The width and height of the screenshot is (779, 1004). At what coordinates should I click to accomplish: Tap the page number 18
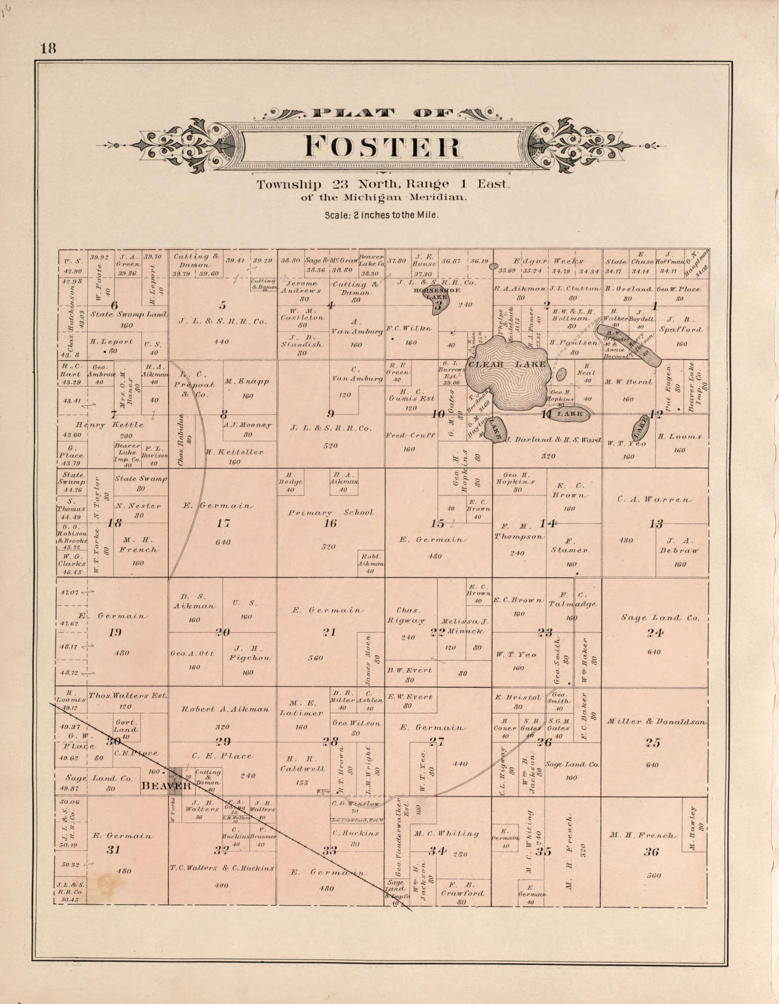pos(48,48)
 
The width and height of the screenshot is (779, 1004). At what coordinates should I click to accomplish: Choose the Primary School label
pos(331,513)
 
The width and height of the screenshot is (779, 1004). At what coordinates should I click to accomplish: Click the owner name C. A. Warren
pos(654,499)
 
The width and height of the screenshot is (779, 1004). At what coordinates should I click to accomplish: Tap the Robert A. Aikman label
pos(225,709)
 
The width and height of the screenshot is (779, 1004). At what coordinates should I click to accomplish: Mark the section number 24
pos(655,633)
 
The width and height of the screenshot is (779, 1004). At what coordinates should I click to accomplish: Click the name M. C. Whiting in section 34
pos(446,834)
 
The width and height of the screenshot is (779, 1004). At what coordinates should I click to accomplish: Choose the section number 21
pos(330,632)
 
